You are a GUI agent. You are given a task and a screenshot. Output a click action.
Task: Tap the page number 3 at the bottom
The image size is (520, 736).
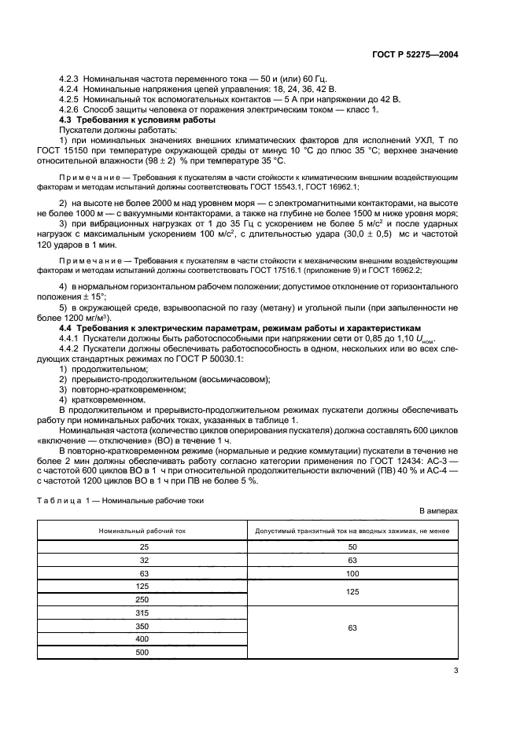pos(455,671)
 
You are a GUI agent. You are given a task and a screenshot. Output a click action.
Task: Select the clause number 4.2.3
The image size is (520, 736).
pos(72,81)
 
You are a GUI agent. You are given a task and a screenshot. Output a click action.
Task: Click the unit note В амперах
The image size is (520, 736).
pos(438,511)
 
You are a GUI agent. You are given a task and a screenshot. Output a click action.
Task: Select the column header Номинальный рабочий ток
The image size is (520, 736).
pos(143,532)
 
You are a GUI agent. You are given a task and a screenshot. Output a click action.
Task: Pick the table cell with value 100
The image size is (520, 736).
pos(352,574)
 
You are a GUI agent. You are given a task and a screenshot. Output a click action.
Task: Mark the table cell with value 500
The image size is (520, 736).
pos(143,652)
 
